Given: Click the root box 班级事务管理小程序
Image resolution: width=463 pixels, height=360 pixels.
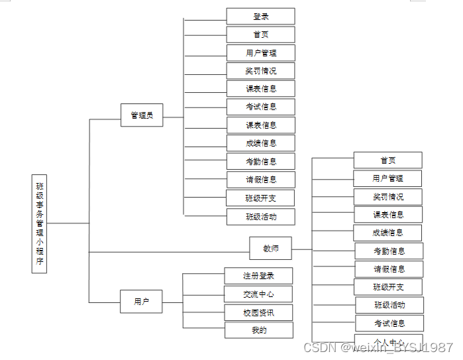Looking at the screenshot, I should (x=40, y=223).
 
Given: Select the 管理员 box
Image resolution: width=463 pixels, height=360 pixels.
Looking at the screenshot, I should (x=142, y=115).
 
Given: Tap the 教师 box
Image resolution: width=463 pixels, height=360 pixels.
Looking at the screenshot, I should (x=270, y=249).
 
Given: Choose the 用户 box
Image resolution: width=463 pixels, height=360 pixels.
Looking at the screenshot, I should (x=142, y=302).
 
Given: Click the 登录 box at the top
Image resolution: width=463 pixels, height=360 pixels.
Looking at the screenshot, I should (x=260, y=17).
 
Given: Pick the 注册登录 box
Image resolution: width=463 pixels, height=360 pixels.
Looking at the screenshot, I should (x=258, y=276).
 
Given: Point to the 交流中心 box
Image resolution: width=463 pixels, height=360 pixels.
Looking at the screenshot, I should (x=258, y=294).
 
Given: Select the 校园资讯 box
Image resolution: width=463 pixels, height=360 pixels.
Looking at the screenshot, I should (x=258, y=312).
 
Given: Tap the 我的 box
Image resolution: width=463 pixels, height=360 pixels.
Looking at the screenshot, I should (x=258, y=330).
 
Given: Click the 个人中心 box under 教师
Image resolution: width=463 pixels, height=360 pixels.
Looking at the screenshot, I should (x=389, y=342).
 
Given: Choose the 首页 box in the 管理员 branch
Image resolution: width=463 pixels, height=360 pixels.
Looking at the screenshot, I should (x=260, y=34).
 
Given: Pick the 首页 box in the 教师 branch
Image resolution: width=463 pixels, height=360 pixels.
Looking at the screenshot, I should (x=387, y=160).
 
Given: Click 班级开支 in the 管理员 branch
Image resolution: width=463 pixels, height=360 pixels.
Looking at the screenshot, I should (x=260, y=198).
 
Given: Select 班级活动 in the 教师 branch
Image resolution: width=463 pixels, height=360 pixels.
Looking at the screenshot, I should (x=389, y=305).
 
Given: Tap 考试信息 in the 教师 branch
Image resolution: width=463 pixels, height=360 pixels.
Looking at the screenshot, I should (x=389, y=324).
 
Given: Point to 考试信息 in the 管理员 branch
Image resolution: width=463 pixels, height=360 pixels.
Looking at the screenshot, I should (x=260, y=107).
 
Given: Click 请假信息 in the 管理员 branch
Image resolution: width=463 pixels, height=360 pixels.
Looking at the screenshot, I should (x=260, y=179).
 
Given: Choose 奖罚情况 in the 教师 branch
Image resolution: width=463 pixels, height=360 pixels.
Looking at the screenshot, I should (x=387, y=197).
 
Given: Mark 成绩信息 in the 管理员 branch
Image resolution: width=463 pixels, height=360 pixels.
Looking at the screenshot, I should (x=260, y=143).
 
